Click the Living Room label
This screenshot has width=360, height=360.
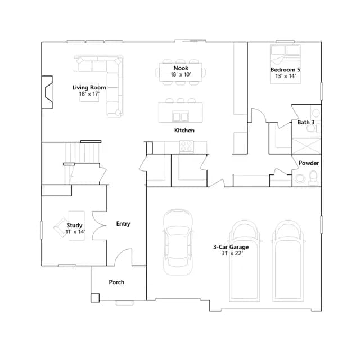tap(89, 88)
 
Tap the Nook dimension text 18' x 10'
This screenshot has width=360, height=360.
tap(181, 74)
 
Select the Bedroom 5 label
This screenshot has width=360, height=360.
tap(285, 70)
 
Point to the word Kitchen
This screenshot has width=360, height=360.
tap(184, 130)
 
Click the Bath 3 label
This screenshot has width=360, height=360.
tap(306, 122)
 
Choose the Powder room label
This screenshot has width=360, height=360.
tap(309, 163)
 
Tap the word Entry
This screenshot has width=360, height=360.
tap(123, 224)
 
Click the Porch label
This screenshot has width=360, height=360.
tap(116, 282)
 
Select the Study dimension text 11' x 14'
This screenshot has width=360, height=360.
tap(75, 232)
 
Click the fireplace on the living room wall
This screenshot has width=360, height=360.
tap(47, 92)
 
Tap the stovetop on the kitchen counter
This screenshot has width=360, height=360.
tap(186, 146)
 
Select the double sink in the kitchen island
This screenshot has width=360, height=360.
tap(181, 116)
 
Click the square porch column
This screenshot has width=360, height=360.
tap(95, 298)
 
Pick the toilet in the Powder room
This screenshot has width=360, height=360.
tap(313, 177)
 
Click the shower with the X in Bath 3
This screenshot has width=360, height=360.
tap(307, 146)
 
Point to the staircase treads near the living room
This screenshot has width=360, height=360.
tap(83, 152)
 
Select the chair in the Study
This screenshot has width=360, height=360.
tap(61, 227)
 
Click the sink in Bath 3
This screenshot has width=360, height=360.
tap(316, 112)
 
